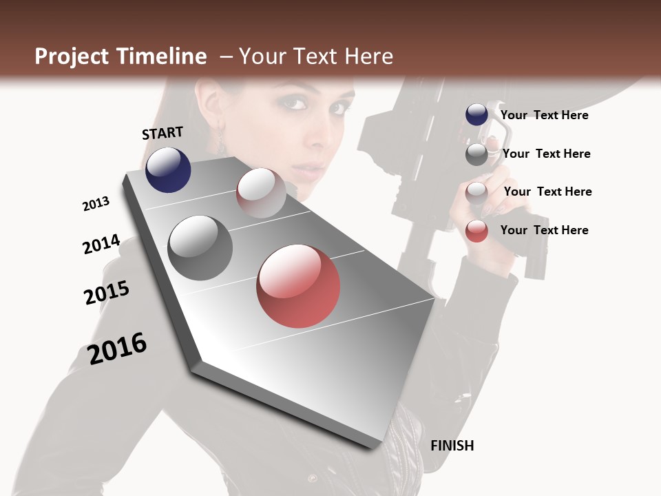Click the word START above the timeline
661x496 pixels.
162,133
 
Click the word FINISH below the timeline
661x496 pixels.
452,446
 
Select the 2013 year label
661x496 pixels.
96,204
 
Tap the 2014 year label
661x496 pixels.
101,245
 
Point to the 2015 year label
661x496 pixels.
107,293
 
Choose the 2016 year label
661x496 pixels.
117,348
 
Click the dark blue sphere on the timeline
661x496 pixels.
168,169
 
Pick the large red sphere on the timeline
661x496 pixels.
298,286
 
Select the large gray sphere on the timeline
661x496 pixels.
200,248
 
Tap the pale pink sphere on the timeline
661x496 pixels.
261,192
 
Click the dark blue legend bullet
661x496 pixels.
476,115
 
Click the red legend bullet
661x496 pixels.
476,231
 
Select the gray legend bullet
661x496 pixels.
476,154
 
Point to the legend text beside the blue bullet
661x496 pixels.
544,115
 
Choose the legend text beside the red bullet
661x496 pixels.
544,230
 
